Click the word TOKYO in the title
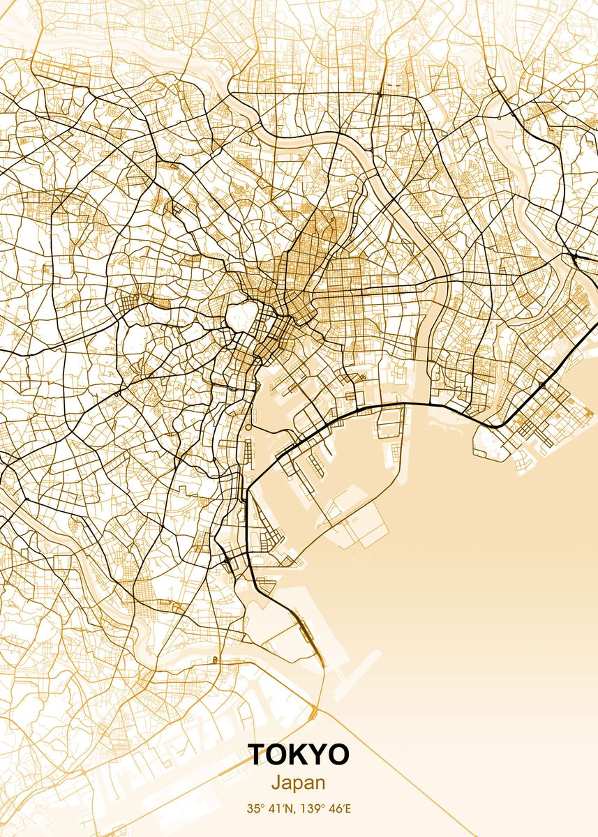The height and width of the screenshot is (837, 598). point(299,755)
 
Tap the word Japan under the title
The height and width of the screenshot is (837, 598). point(299,783)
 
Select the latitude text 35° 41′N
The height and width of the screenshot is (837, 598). point(269,810)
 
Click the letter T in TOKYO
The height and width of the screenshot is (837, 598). point(257,755)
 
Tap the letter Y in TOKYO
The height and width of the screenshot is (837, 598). point(318,755)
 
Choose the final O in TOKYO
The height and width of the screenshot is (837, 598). point(339,755)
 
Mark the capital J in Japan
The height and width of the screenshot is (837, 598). point(276,783)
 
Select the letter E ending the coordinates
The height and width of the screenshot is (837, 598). point(349,810)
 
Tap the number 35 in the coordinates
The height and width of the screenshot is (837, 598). point(252,810)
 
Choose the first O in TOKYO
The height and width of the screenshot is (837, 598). point(276,755)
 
